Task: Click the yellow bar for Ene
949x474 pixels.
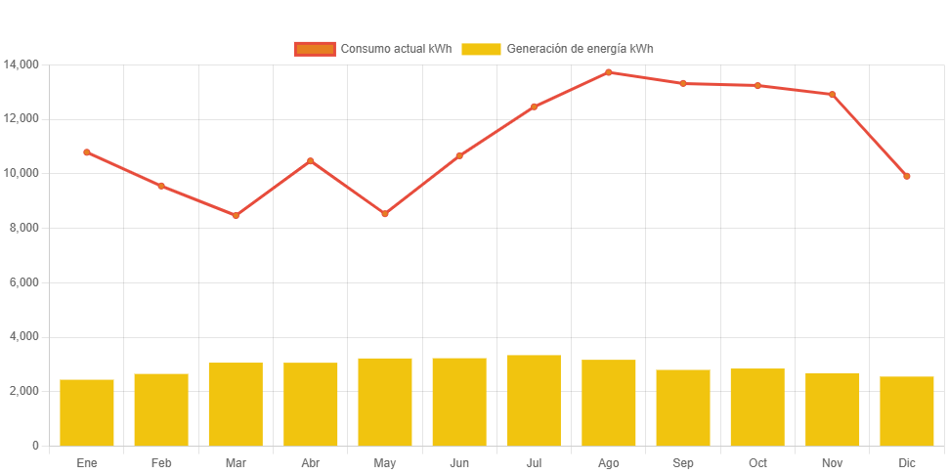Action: pyautogui.click(x=87, y=411)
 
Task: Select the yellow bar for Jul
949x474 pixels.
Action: pyautogui.click(x=534, y=400)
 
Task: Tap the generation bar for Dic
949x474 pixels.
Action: pyautogui.click(x=906, y=410)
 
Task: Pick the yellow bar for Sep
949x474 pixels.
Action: pyautogui.click(x=683, y=407)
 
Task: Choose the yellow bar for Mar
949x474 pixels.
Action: pyautogui.click(x=236, y=404)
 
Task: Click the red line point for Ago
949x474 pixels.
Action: pyautogui.click(x=608, y=72)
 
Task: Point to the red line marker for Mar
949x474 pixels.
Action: pyautogui.click(x=236, y=215)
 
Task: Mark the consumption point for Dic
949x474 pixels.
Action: pyautogui.click(x=906, y=176)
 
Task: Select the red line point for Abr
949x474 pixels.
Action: pyautogui.click(x=311, y=160)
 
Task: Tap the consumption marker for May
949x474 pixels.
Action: pyautogui.click(x=385, y=213)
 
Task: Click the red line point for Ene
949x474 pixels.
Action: pyautogui.click(x=87, y=152)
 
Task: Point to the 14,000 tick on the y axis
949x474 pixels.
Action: pyautogui.click(x=22, y=65)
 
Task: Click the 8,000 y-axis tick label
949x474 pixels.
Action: pyautogui.click(x=23, y=228)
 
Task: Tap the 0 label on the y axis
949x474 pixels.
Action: pyautogui.click(x=35, y=446)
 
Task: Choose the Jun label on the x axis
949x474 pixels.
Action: pyautogui.click(x=459, y=463)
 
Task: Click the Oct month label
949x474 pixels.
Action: pyautogui.click(x=757, y=463)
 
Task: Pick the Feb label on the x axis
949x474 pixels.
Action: pyautogui.click(x=161, y=463)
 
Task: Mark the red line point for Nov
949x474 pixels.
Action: pyautogui.click(x=832, y=94)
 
